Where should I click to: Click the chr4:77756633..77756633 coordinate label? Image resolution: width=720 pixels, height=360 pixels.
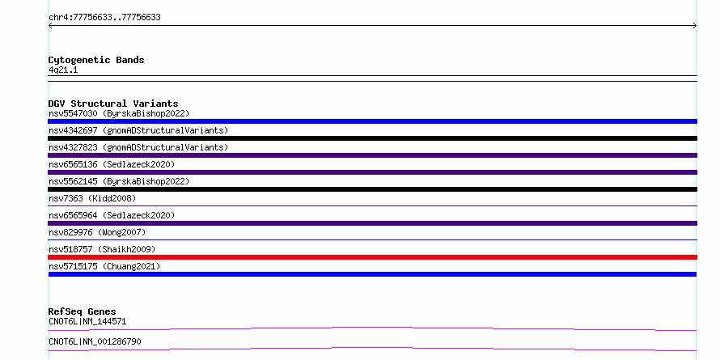click(104, 18)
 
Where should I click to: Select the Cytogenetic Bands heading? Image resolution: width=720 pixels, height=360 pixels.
click(96, 60)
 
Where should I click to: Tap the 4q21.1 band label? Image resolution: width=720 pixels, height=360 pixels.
click(63, 70)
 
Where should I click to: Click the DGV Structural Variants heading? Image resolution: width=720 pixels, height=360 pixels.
click(113, 104)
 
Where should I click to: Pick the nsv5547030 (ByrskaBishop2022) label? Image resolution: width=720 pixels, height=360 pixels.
click(119, 113)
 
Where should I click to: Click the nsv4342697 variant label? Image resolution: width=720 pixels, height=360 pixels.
click(138, 130)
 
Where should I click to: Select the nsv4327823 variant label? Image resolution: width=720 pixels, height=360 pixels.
click(138, 147)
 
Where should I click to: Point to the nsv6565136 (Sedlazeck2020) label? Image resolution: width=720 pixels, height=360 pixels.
click(112, 164)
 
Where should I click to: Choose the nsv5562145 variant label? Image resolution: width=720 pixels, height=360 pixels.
click(119, 181)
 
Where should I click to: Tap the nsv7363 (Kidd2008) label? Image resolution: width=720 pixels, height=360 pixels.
click(92, 198)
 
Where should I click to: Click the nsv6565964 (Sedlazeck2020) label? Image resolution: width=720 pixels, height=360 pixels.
click(112, 215)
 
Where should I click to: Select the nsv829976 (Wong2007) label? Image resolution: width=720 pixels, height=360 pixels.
click(97, 232)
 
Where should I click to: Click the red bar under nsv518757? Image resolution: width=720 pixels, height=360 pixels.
click(372, 257)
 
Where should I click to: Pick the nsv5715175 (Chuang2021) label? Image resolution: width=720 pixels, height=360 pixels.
click(104, 266)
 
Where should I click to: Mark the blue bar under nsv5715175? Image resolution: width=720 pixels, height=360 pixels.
click(372, 274)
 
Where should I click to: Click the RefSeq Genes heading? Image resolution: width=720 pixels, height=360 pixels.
click(82, 311)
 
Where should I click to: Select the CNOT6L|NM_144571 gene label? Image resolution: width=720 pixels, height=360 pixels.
click(87, 321)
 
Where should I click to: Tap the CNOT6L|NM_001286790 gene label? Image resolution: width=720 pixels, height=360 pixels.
click(95, 341)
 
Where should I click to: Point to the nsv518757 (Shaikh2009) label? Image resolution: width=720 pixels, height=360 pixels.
click(102, 249)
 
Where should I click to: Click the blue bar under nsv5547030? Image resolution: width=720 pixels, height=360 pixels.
click(372, 121)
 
